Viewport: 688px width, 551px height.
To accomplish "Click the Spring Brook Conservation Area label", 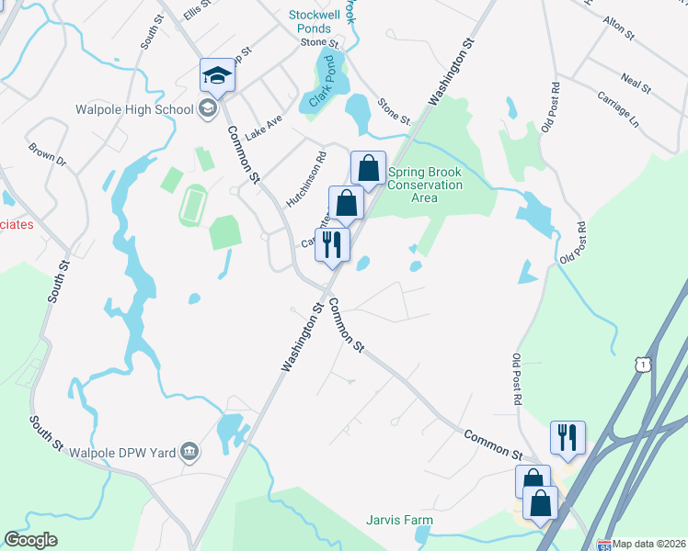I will tap(424, 185).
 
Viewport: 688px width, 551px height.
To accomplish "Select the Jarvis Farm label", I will tap(399, 521).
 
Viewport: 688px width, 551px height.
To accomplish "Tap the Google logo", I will tap(30, 540).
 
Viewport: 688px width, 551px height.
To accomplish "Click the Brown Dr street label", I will tap(48, 153).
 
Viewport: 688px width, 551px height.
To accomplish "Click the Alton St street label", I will tap(618, 28).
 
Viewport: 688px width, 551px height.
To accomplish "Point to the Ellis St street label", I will tap(198, 10).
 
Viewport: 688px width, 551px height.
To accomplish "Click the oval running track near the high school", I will tap(192, 206).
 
